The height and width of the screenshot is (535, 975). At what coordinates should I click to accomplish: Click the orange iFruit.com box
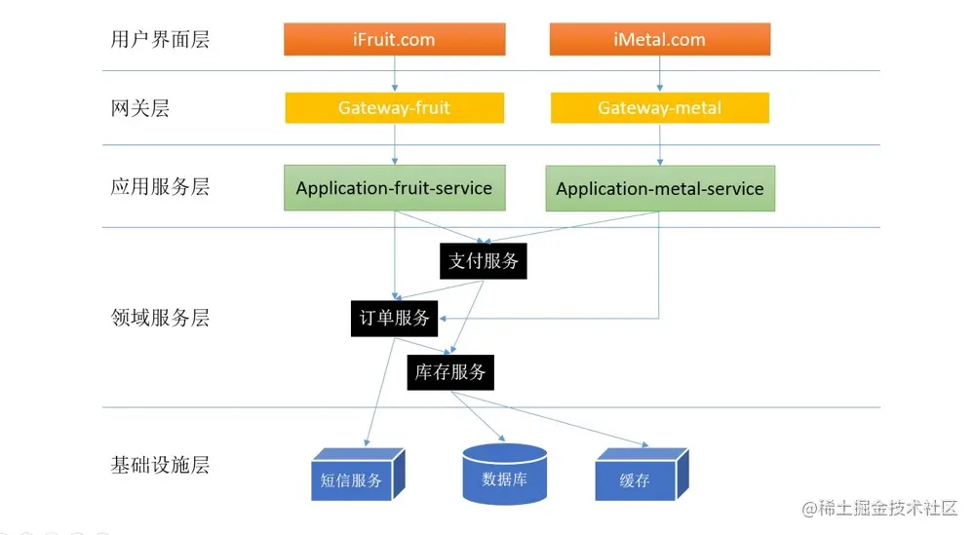(x=394, y=40)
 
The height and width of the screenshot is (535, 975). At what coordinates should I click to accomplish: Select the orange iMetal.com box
(x=660, y=40)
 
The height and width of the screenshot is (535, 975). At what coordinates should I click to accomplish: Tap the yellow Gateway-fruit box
(x=394, y=108)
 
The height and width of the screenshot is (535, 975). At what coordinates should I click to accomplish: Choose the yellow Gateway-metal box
(x=660, y=108)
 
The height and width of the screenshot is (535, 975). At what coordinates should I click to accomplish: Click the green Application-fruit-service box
(x=394, y=188)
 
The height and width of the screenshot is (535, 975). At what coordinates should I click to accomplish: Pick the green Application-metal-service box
(x=660, y=189)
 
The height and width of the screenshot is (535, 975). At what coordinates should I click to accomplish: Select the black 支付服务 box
(x=484, y=261)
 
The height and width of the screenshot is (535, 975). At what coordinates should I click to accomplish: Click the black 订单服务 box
(x=395, y=318)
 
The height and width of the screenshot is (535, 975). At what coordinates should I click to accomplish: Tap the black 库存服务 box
(x=450, y=371)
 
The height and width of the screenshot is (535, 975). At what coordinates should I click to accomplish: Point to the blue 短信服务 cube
(x=353, y=477)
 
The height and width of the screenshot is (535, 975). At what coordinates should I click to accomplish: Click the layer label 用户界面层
(x=160, y=40)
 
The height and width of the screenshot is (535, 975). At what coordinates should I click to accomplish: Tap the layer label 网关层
(x=140, y=108)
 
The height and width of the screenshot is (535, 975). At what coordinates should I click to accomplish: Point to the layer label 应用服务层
(x=160, y=187)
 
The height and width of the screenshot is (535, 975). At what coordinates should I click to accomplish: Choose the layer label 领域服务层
(x=160, y=318)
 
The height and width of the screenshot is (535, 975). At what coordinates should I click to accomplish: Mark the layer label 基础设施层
(x=160, y=465)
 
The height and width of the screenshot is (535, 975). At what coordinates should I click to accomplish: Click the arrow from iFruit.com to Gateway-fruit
(x=395, y=74)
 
